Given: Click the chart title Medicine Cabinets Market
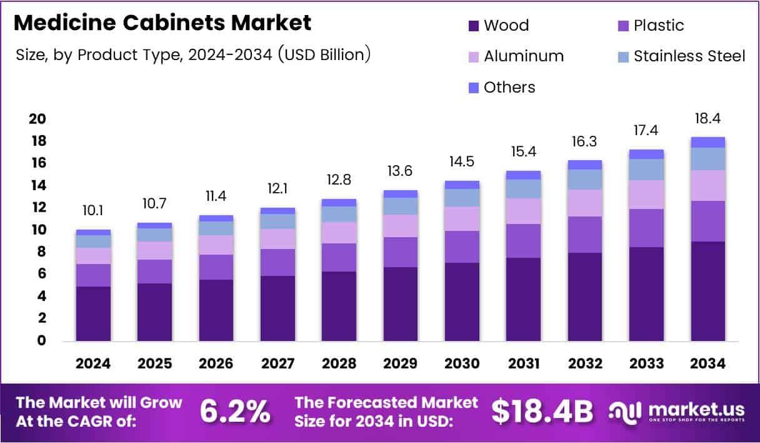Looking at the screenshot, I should click(162, 23).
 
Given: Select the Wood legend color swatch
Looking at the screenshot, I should click(474, 26).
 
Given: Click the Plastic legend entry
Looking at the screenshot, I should click(659, 26).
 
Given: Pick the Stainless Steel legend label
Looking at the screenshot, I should click(689, 56).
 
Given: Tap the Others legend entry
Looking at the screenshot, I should click(509, 87).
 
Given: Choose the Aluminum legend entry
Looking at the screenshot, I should click(524, 56).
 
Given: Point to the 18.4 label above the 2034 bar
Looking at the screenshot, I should click(707, 119).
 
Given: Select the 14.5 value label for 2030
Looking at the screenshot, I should click(462, 161).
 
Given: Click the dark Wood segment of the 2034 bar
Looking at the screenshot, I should click(707, 291).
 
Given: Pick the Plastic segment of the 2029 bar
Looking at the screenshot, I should click(401, 252).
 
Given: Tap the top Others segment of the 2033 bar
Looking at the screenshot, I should click(646, 154).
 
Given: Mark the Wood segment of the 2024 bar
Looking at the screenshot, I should click(93, 313).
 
